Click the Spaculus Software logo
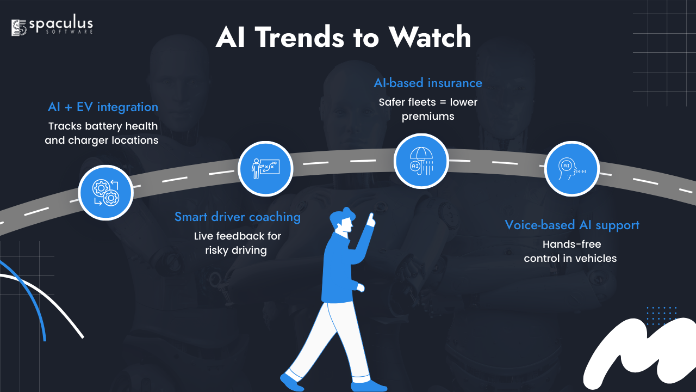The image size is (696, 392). click(52, 27)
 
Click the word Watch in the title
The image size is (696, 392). click(430, 37)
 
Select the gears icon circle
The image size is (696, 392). click(106, 193)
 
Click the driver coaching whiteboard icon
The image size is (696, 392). click(265, 169)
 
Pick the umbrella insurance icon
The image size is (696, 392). click(421, 161)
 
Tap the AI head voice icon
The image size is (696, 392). click(571, 169)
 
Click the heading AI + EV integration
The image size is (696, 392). click(103, 107)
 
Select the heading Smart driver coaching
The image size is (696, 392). click(238, 217)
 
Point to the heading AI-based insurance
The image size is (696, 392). click(428, 83)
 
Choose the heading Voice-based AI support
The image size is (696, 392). click(571, 225)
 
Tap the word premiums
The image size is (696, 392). click(428, 117)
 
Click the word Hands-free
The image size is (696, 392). click(571, 244)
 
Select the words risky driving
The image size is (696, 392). click(236, 250)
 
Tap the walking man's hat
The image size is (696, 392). click(343, 215)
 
